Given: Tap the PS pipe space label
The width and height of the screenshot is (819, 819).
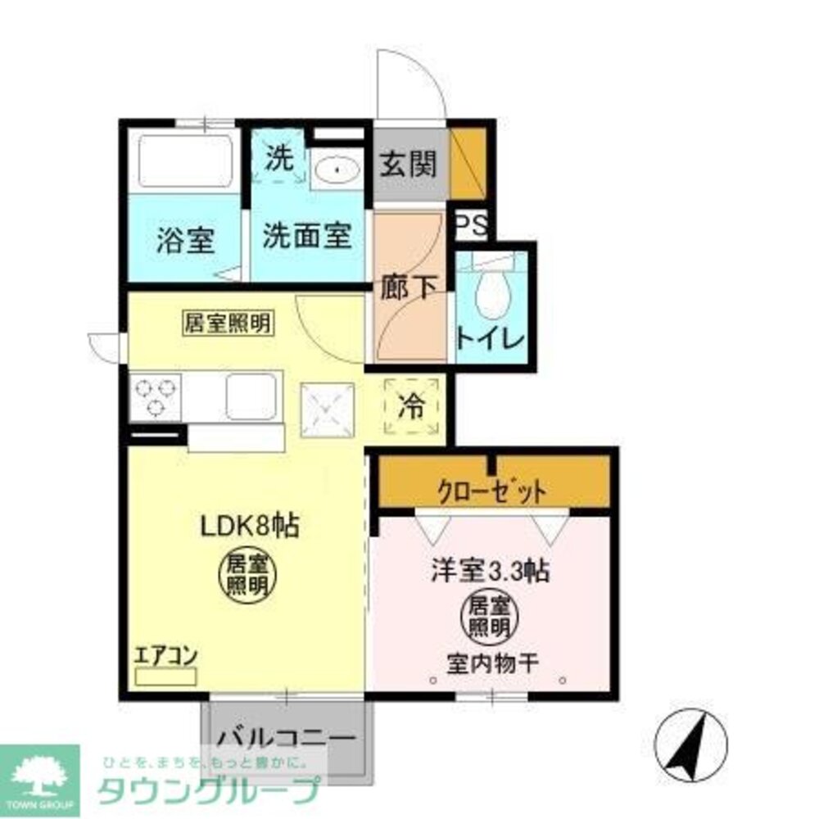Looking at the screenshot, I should [470, 225].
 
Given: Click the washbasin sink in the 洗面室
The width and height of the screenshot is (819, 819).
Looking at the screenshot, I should [336, 170].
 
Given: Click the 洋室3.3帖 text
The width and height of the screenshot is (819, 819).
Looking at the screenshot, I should [490, 571].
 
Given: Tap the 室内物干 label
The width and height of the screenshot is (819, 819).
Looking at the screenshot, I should [492, 663].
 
